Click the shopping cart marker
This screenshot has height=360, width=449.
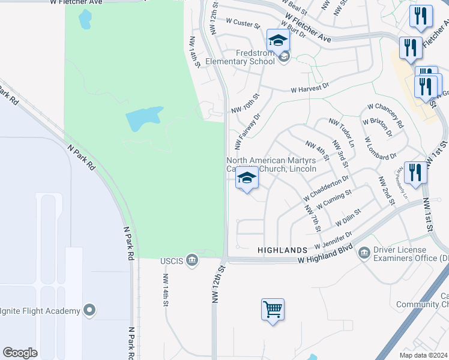[273, 310]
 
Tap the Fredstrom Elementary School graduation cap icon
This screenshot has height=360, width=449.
[278, 41]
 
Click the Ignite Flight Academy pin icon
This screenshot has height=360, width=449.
[89, 310]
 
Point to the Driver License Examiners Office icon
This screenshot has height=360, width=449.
[364, 253]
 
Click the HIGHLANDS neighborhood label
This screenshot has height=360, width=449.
[282, 248]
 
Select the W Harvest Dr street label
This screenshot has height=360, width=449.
[310, 88]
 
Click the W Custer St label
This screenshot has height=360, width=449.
[243, 23]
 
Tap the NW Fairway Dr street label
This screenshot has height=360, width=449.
[247, 132]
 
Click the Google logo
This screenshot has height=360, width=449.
[20, 352]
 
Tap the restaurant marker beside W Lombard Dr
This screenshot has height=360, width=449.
[415, 173]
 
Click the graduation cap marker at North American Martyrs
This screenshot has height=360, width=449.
[246, 178]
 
